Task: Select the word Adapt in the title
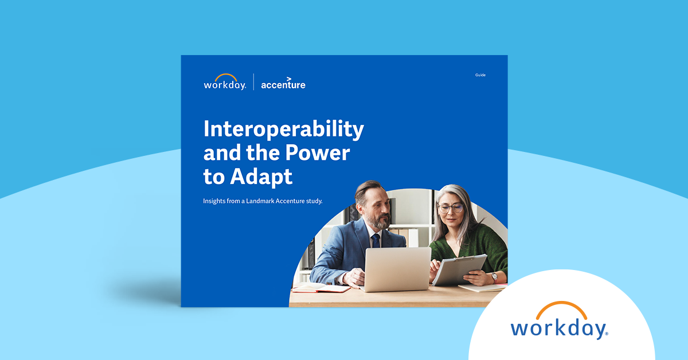261,177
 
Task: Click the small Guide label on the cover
480,75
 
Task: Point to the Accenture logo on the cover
283,84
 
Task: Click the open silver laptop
397,269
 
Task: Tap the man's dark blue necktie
376,240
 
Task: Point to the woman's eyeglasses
451,208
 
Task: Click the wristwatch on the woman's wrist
494,276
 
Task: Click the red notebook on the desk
321,288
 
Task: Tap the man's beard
377,221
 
